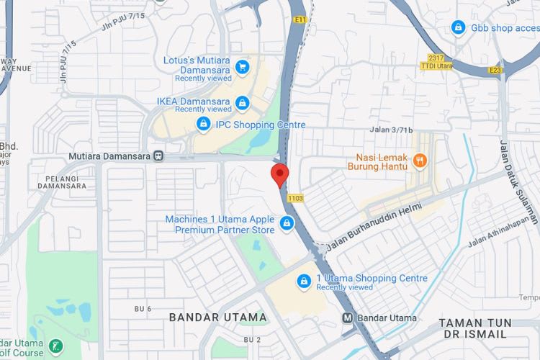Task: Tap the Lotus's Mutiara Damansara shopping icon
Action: tap(243, 67)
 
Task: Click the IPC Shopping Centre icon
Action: tap(204, 125)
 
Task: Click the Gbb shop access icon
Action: tap(458, 27)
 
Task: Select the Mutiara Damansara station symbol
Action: tap(158, 156)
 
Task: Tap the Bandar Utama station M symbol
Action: tap(347, 318)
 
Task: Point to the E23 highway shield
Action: tap(494, 70)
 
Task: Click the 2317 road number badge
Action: tap(436, 58)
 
